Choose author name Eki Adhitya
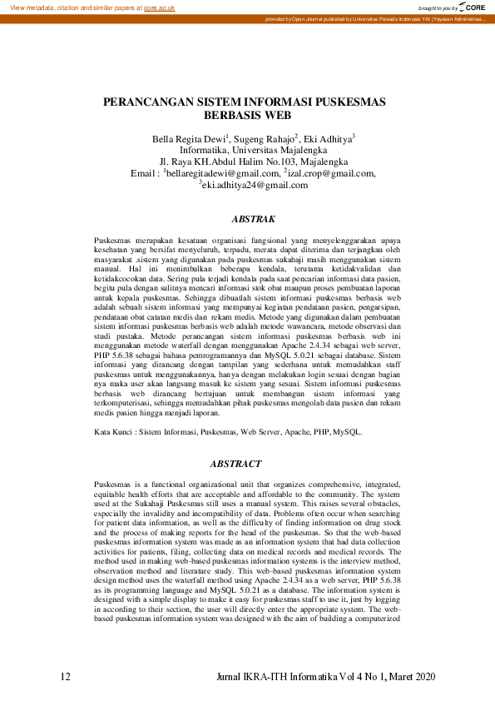[x=332, y=138]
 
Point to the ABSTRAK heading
[x=253, y=219]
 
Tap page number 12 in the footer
[x=66, y=676]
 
